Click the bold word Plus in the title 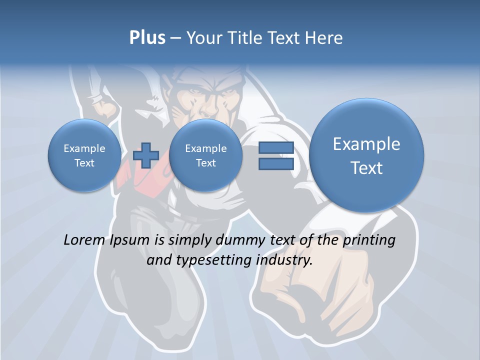[147, 38]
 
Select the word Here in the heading [324, 38]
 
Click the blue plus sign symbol [146, 155]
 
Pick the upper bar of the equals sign [276, 148]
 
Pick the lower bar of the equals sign [276, 164]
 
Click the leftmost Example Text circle [84, 155]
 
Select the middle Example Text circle [205, 155]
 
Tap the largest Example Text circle [366, 155]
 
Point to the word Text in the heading [284, 38]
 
